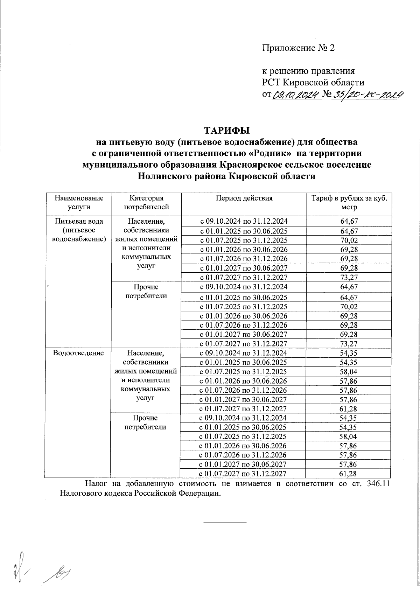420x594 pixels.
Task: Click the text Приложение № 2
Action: (x=299, y=48)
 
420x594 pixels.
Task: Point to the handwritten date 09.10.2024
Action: (x=296, y=95)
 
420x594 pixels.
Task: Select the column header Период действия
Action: (x=244, y=198)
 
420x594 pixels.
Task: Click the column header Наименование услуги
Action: (x=79, y=202)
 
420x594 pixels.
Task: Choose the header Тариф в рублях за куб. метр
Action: (x=349, y=202)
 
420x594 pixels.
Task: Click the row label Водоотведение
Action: (x=78, y=353)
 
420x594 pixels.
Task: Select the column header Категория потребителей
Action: (x=146, y=202)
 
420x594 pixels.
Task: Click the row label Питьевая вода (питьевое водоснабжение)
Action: (x=79, y=230)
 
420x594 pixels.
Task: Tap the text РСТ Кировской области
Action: (x=313, y=83)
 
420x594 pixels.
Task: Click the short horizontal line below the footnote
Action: (x=225, y=522)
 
